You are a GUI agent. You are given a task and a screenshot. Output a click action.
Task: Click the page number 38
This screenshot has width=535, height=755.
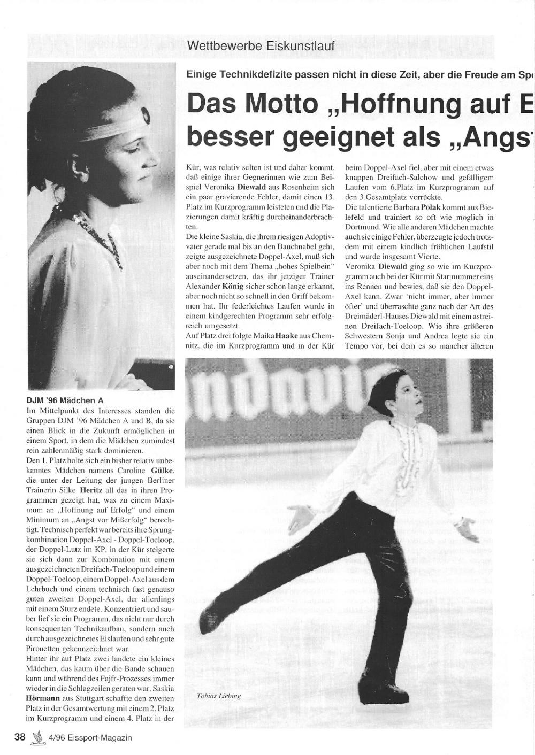click(x=20, y=737)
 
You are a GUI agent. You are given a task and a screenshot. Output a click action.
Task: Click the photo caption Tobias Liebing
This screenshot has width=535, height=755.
click(x=219, y=696)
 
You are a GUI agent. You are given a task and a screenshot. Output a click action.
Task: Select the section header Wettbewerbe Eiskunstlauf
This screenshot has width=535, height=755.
click(x=261, y=46)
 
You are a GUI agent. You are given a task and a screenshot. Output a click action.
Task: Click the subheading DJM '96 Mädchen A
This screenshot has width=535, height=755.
click(x=65, y=400)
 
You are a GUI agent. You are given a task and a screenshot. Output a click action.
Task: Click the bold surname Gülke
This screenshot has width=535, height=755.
click(x=162, y=471)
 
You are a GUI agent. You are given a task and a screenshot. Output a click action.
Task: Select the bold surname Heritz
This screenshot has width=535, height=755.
click(x=91, y=490)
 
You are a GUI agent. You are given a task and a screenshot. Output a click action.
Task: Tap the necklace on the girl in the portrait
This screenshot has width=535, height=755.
click(x=102, y=235)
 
